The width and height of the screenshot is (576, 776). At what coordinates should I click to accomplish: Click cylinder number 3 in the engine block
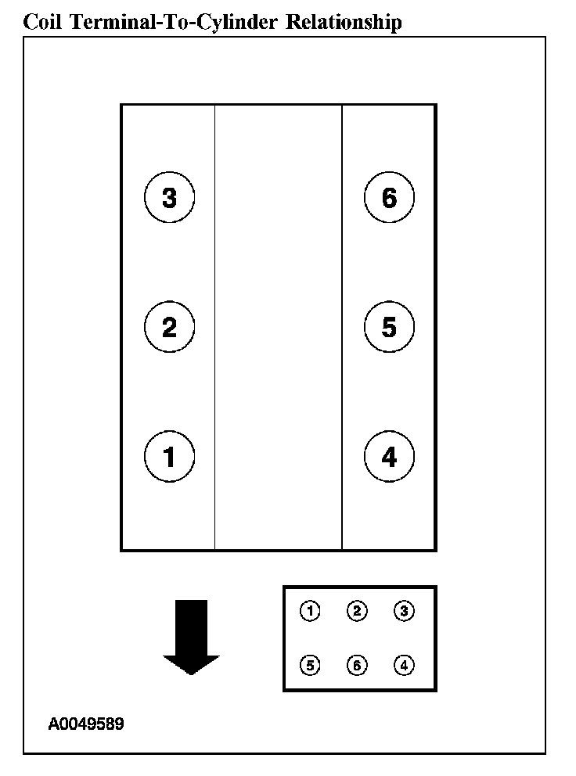169,197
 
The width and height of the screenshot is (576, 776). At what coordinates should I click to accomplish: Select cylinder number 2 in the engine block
169,327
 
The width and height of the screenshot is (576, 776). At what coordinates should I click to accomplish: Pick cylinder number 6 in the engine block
389,197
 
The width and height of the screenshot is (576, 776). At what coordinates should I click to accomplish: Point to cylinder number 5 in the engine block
389,327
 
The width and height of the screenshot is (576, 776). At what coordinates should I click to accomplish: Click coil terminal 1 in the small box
310,611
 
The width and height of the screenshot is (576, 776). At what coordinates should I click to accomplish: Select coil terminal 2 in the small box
357,611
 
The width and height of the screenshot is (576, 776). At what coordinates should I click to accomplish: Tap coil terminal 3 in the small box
404,611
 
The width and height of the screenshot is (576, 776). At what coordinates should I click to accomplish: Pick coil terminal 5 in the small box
310,665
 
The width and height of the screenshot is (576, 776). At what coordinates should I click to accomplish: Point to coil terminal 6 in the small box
357,665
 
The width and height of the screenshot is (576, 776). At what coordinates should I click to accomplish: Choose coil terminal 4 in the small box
404,665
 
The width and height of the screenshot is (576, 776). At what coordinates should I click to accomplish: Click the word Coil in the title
45,22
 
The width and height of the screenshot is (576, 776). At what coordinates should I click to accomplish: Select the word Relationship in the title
344,22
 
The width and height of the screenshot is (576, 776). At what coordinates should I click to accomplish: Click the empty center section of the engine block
278,327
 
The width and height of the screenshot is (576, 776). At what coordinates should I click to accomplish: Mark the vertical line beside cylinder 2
214,327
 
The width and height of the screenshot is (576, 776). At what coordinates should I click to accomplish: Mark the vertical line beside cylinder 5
342,327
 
